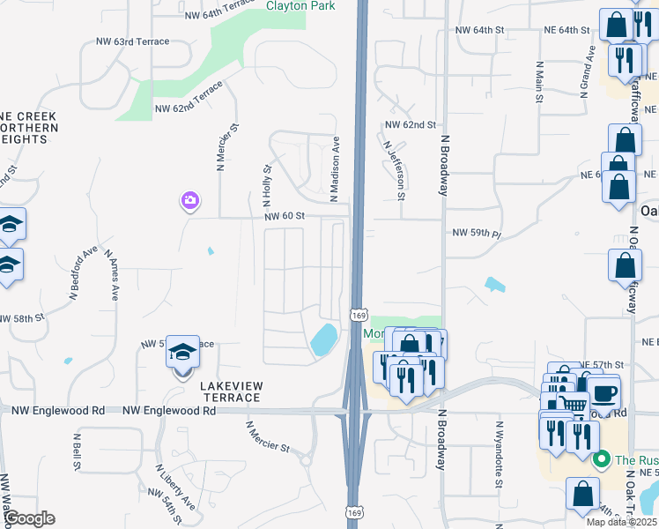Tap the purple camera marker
[x=189, y=202]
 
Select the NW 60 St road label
[x=283, y=216]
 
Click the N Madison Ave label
[x=335, y=170]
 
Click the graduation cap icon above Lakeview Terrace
[x=182, y=354]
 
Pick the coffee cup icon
[x=604, y=392]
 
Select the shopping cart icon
[x=573, y=405]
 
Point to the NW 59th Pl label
[x=476, y=234]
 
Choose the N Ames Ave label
[x=111, y=274]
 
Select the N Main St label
[x=537, y=82]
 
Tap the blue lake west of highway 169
[x=322, y=339]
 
